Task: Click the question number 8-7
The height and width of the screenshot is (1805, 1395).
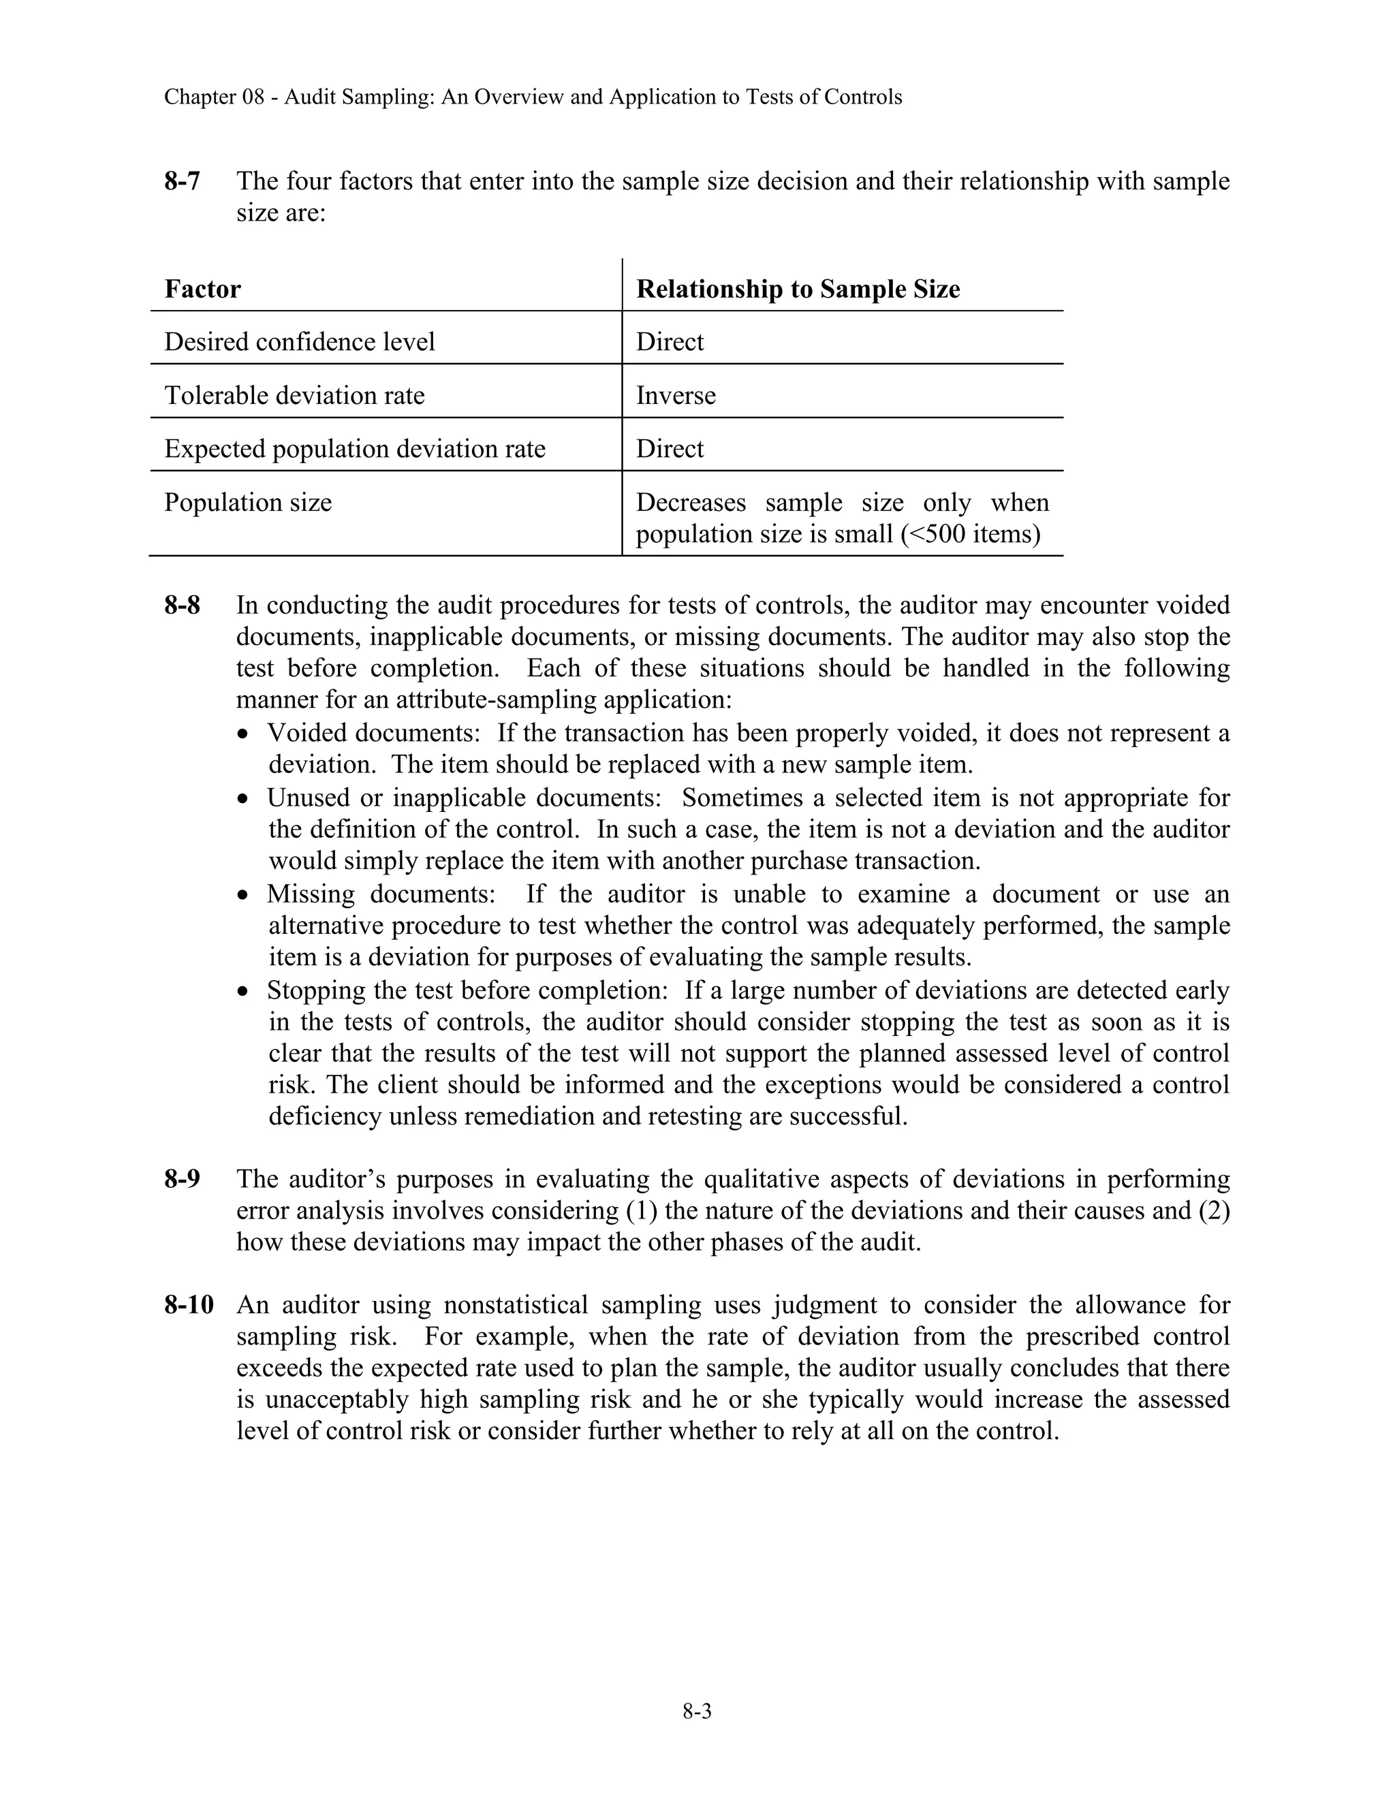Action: [182, 181]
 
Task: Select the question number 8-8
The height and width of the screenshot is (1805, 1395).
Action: [182, 605]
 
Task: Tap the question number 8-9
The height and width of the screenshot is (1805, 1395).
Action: [182, 1178]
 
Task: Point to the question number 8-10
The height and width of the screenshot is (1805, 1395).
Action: [189, 1305]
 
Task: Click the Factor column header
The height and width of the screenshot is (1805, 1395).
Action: [202, 289]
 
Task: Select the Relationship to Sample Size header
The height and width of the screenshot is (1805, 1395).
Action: [798, 289]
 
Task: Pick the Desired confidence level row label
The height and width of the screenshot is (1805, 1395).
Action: [299, 342]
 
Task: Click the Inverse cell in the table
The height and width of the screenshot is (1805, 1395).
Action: [675, 396]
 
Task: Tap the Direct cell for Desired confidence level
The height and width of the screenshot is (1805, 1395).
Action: [670, 342]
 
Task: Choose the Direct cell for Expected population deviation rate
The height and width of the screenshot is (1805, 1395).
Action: [670, 449]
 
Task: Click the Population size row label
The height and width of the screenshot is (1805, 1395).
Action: [248, 503]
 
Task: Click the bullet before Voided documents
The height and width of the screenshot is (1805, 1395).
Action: [242, 734]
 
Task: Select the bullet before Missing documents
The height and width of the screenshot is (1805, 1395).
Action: [242, 895]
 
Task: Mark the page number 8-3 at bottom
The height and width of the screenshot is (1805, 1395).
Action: [697, 1712]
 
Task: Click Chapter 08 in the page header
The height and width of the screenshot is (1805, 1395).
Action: [213, 97]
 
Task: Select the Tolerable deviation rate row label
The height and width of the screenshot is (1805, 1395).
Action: [294, 396]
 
